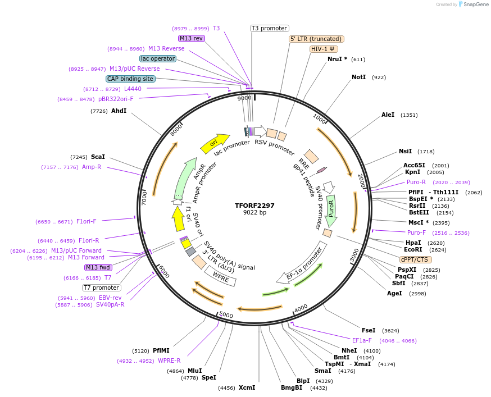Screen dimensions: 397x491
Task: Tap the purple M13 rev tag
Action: click(x=192, y=38)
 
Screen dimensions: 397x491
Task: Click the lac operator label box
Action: click(x=157, y=58)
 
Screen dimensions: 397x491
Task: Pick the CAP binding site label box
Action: click(x=130, y=79)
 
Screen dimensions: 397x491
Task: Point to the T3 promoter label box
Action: click(x=269, y=28)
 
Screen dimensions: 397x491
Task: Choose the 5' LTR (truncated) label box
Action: click(x=316, y=39)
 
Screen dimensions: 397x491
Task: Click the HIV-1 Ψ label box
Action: click(x=324, y=49)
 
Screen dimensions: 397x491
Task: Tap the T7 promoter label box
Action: click(x=102, y=288)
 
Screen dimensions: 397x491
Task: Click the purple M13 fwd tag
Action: click(x=98, y=267)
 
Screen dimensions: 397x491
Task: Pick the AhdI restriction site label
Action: click(x=119, y=111)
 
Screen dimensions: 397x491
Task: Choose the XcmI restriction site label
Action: click(x=247, y=387)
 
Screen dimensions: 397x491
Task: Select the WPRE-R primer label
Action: click(x=169, y=361)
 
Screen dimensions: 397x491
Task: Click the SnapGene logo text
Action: click(x=474, y=4)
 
